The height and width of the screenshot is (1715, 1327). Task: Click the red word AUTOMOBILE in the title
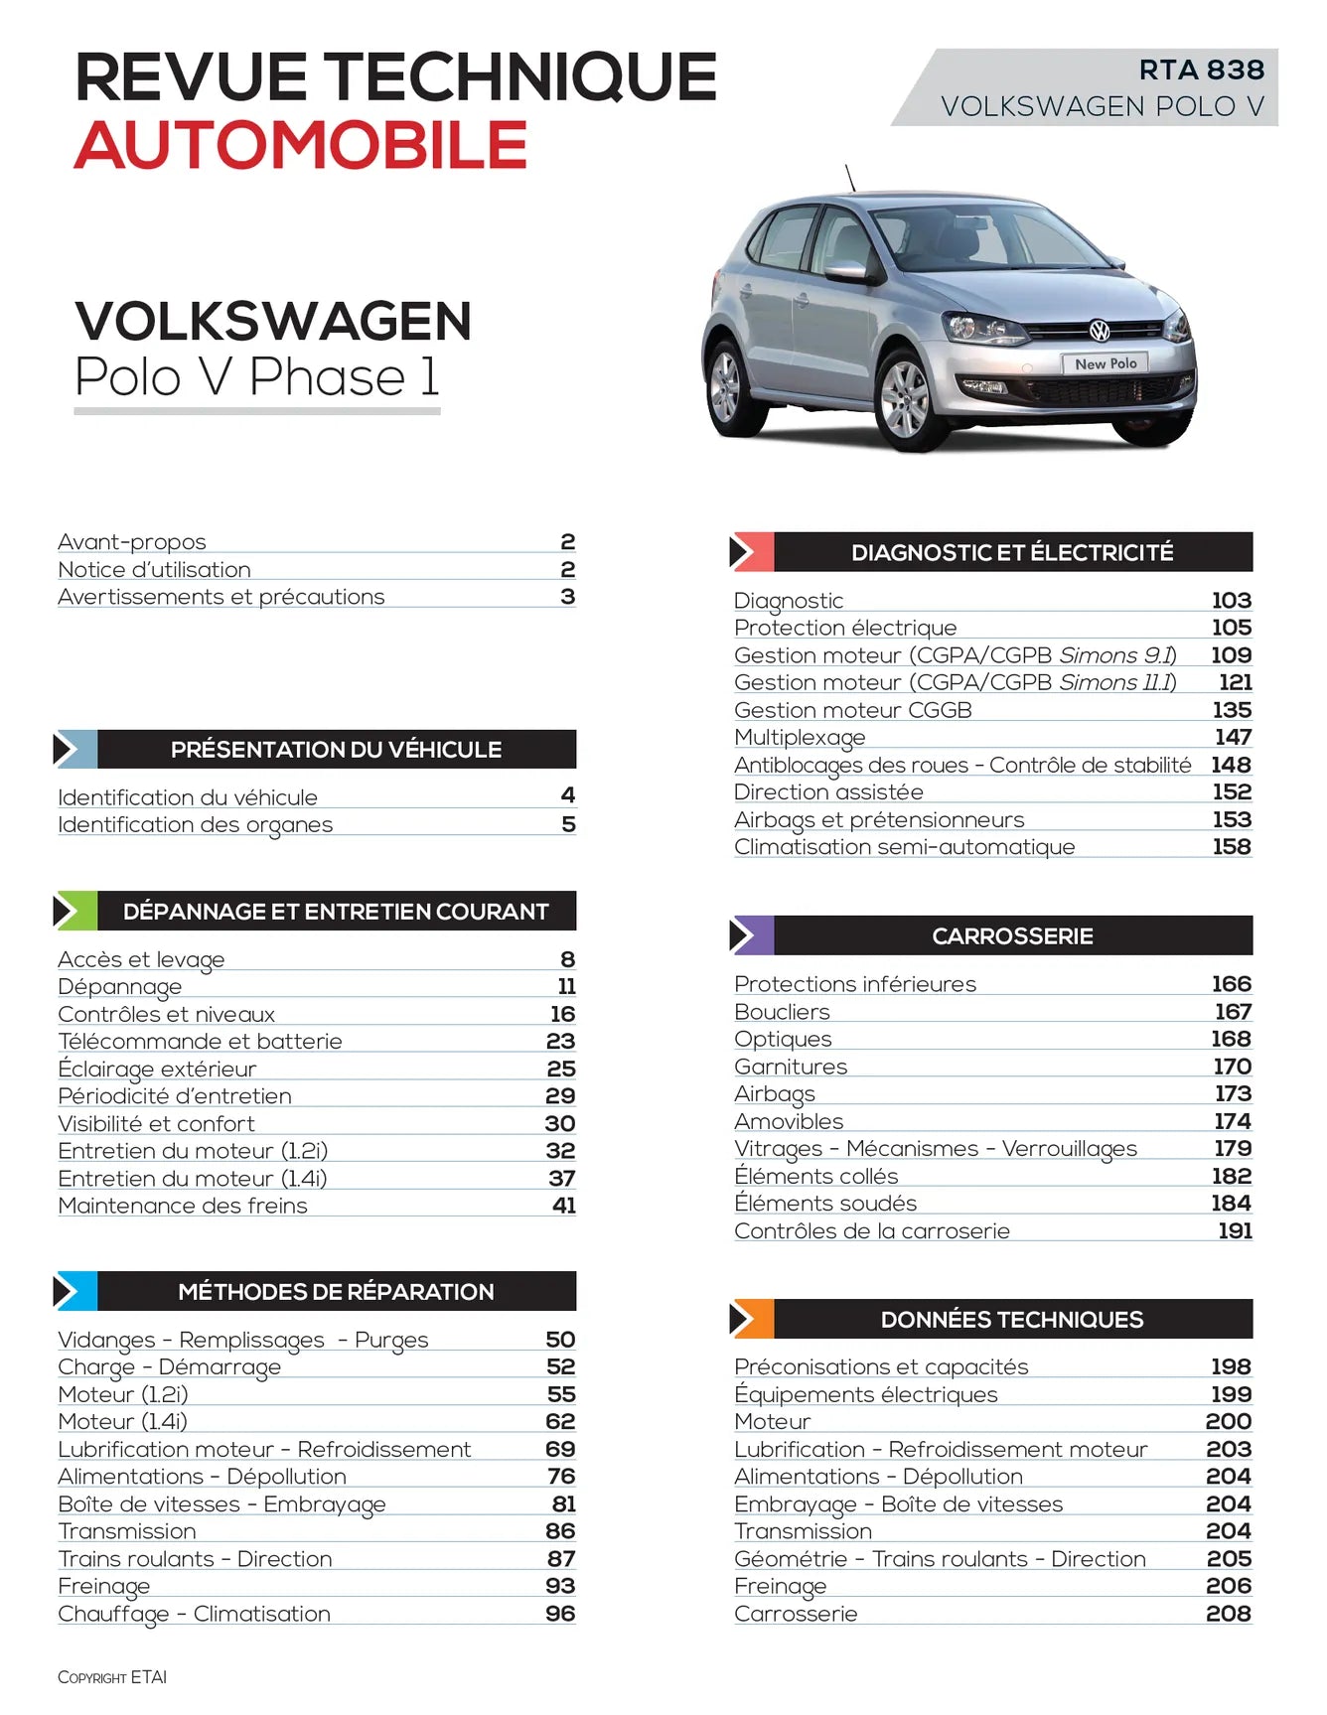300,145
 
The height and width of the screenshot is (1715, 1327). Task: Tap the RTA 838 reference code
1201,70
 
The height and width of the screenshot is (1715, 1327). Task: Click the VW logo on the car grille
1099,331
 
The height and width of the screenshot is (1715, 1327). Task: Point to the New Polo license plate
1106,363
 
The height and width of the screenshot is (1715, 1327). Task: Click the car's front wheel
905,399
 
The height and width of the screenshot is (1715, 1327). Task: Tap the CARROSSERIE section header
1012,935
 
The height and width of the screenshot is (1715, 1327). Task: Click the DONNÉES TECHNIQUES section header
1011,1319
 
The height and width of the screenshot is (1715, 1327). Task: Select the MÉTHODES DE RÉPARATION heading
336,1291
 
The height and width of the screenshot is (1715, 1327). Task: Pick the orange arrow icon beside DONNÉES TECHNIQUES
752,1319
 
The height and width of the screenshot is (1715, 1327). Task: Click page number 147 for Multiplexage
1232,737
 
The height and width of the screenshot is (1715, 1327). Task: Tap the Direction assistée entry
828,791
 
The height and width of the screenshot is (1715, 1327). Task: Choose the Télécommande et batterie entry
200,1041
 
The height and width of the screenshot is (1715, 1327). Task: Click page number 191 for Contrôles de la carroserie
1235,1230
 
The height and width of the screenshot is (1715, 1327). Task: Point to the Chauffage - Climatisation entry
194,1614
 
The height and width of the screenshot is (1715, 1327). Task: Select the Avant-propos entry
132,541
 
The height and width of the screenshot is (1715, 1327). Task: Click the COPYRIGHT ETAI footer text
112,1677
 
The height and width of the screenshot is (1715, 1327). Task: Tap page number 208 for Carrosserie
1228,1614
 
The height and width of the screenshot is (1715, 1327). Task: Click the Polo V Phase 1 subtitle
256,377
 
